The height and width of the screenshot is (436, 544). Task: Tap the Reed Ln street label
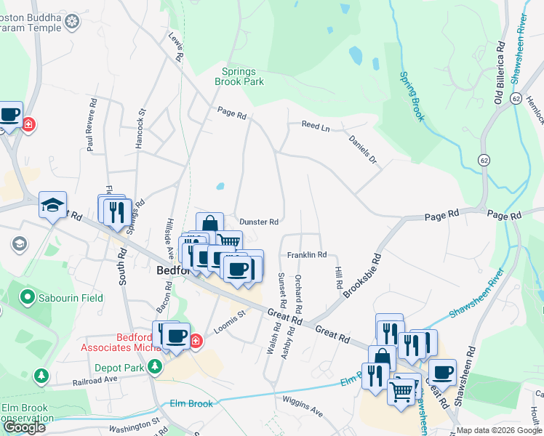[316, 126]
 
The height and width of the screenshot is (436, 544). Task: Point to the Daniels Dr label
[363, 149]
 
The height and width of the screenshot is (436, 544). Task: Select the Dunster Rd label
[259, 222]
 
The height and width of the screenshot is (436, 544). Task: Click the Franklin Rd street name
[306, 255]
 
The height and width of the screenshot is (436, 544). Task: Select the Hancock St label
[140, 129]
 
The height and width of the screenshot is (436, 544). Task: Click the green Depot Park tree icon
[154, 367]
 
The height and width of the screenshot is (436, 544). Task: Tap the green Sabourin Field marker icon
[28, 297]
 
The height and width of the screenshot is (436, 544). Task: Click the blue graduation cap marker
[52, 204]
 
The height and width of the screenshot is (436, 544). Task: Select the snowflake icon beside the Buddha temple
[71, 22]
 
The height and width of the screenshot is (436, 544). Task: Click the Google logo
[24, 427]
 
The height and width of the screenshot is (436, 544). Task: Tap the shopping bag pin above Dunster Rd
[209, 225]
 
